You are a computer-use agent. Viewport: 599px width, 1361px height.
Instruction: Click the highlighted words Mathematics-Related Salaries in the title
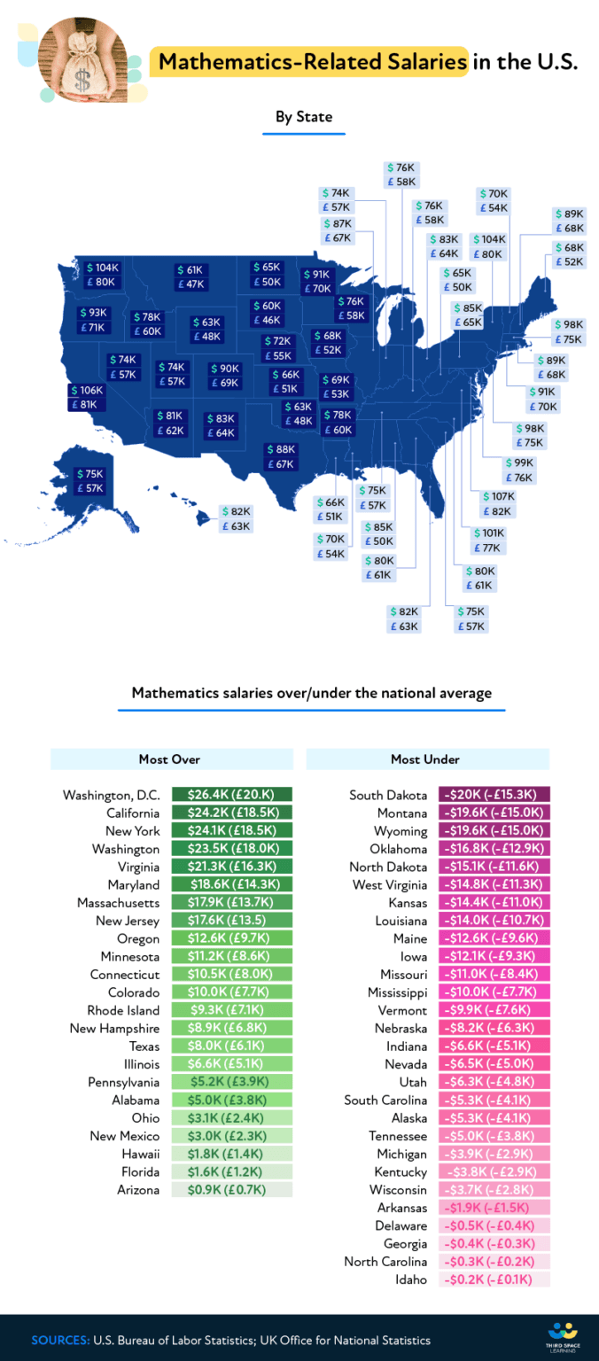tap(312, 62)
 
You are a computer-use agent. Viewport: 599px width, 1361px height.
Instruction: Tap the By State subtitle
tap(303, 116)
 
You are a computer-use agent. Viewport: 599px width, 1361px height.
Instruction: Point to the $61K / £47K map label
tap(190, 276)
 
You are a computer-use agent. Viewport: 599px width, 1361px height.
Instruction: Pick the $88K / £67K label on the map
tap(280, 456)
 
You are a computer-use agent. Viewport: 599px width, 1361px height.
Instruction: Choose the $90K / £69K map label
tap(223, 375)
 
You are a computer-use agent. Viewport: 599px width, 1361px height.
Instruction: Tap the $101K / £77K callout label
tap(487, 541)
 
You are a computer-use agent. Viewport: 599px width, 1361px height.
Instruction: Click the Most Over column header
tap(170, 759)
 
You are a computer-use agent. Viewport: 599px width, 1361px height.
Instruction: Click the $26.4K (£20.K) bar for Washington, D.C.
tap(232, 795)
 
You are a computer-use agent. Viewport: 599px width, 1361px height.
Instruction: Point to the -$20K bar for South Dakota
tap(494, 795)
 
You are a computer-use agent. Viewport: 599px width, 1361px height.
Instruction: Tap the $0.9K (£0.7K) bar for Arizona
tap(232, 1190)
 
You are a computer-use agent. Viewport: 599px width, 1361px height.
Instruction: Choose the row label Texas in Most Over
tap(144, 1046)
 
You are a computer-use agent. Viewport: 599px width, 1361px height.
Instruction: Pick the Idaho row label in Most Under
tap(411, 1279)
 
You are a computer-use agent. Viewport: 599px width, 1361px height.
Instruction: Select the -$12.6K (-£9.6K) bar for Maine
tap(494, 938)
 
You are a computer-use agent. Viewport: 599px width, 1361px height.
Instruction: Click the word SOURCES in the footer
tap(59, 1340)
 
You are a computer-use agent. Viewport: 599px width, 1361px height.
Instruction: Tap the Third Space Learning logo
tap(563, 1335)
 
